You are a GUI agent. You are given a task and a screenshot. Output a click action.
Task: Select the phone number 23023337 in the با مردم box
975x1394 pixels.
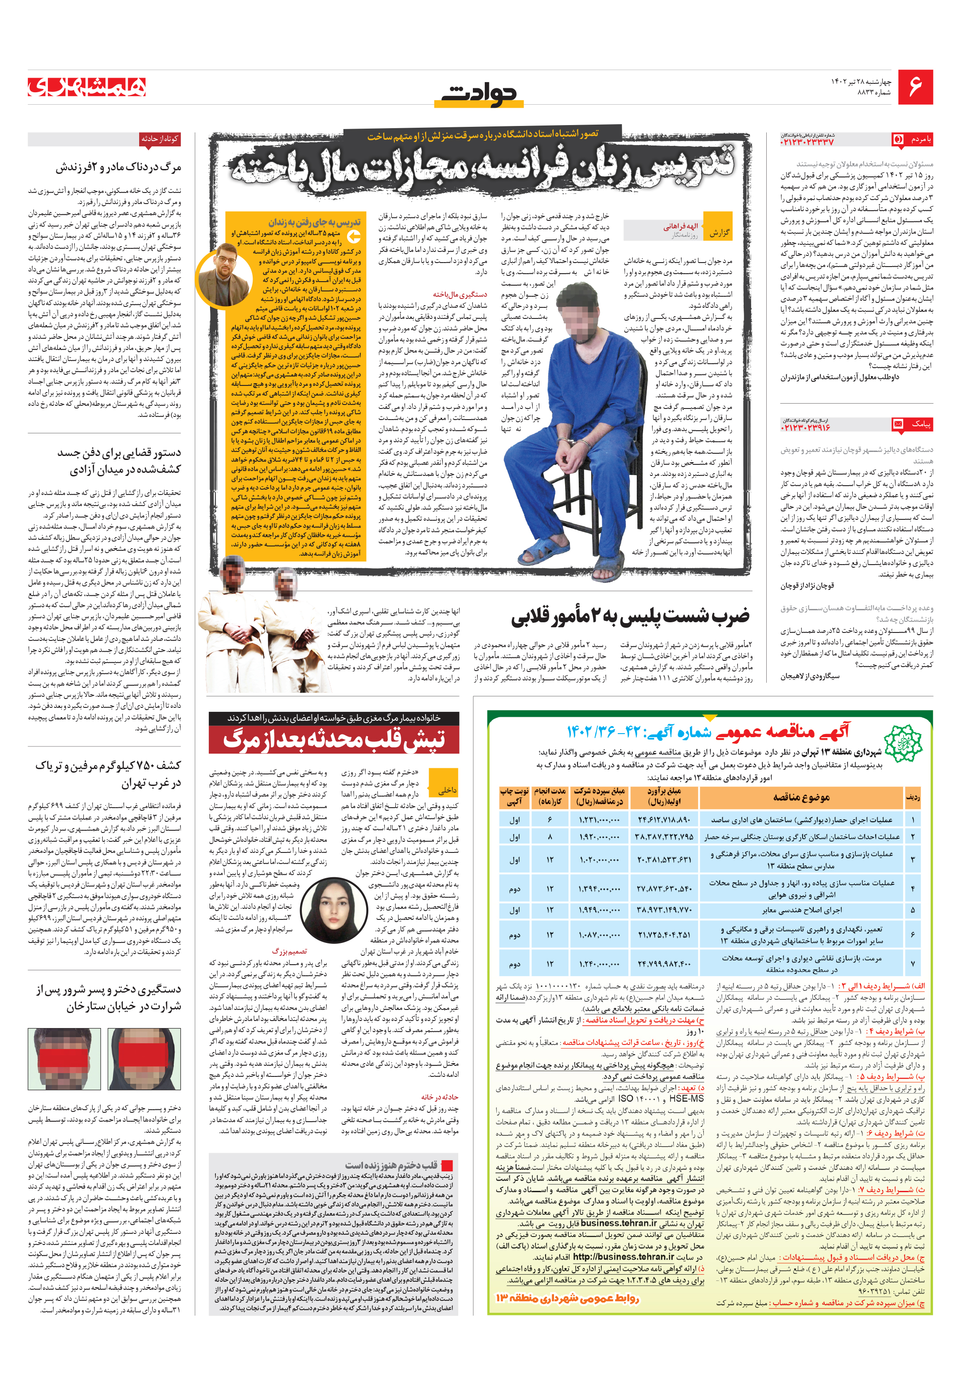pos(807,142)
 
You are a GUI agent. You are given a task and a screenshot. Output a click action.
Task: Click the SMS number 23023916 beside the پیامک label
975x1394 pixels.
pos(806,427)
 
